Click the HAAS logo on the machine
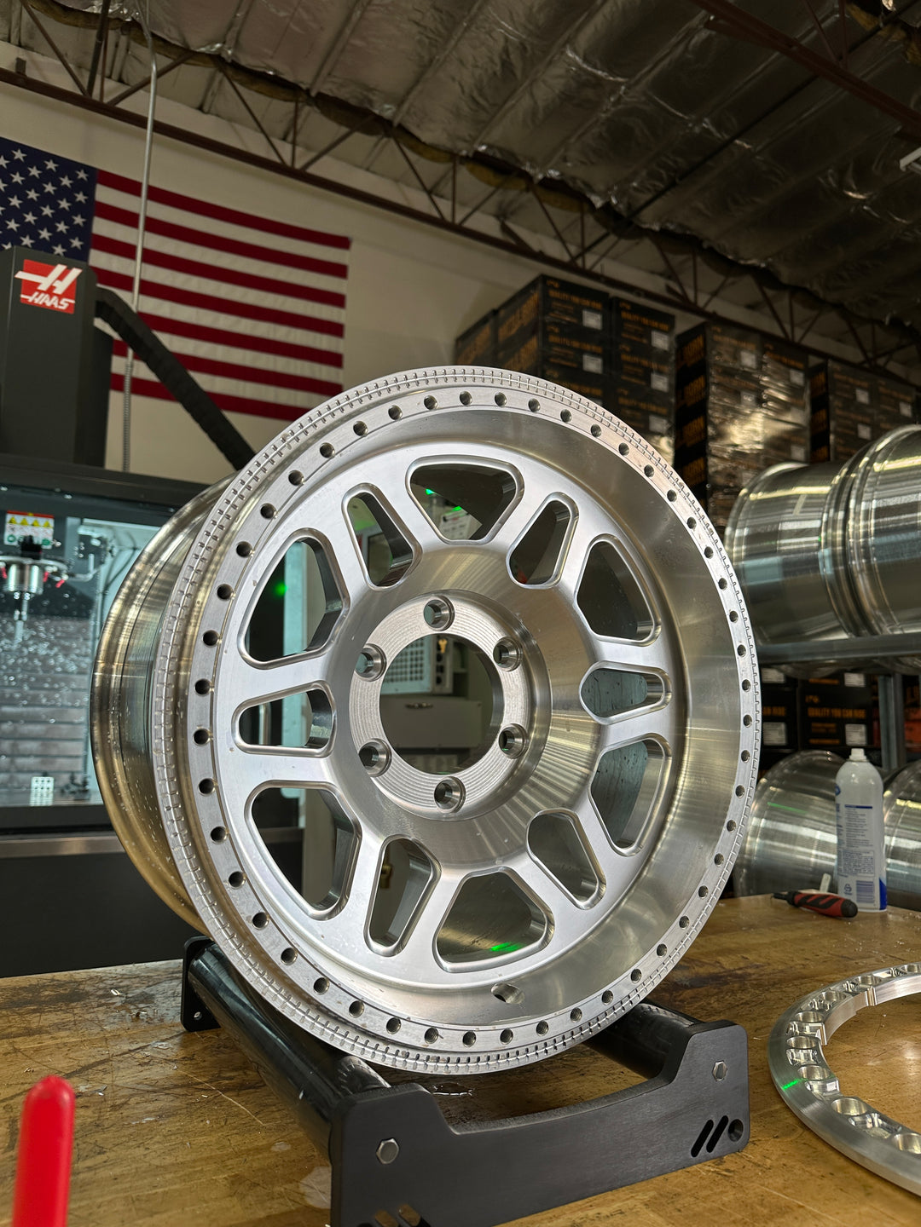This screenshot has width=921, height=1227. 49,286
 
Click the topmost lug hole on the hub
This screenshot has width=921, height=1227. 437,612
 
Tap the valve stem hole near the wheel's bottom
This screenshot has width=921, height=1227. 508,993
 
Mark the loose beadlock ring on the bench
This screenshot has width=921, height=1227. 844,1065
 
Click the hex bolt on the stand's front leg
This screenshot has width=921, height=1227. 388,1151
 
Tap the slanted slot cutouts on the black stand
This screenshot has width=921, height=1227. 710,1135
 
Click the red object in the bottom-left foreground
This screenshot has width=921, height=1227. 43,1150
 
